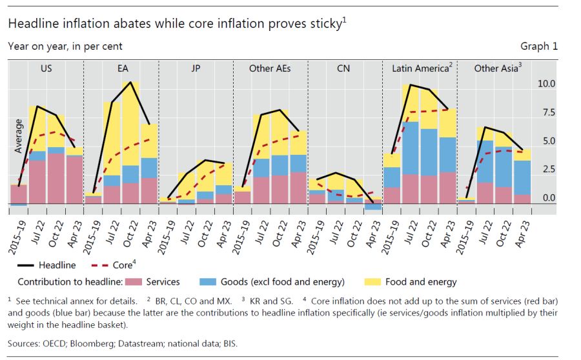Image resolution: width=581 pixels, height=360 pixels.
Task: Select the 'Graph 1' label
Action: [x=539, y=46]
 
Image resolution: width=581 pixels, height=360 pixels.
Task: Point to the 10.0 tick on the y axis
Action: [x=545, y=84]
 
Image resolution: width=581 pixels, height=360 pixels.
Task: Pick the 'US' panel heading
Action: [x=46, y=68]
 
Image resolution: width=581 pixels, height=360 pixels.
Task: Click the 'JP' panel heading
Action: [x=195, y=68]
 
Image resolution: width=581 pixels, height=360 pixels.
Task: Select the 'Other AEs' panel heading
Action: [x=270, y=68]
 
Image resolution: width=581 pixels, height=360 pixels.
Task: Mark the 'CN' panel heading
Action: [x=344, y=68]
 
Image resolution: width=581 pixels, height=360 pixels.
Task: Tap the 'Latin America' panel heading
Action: [x=420, y=68]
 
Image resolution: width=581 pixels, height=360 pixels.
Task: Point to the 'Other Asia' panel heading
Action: [x=495, y=68]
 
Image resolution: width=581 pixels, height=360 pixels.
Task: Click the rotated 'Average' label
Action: [x=19, y=135]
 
